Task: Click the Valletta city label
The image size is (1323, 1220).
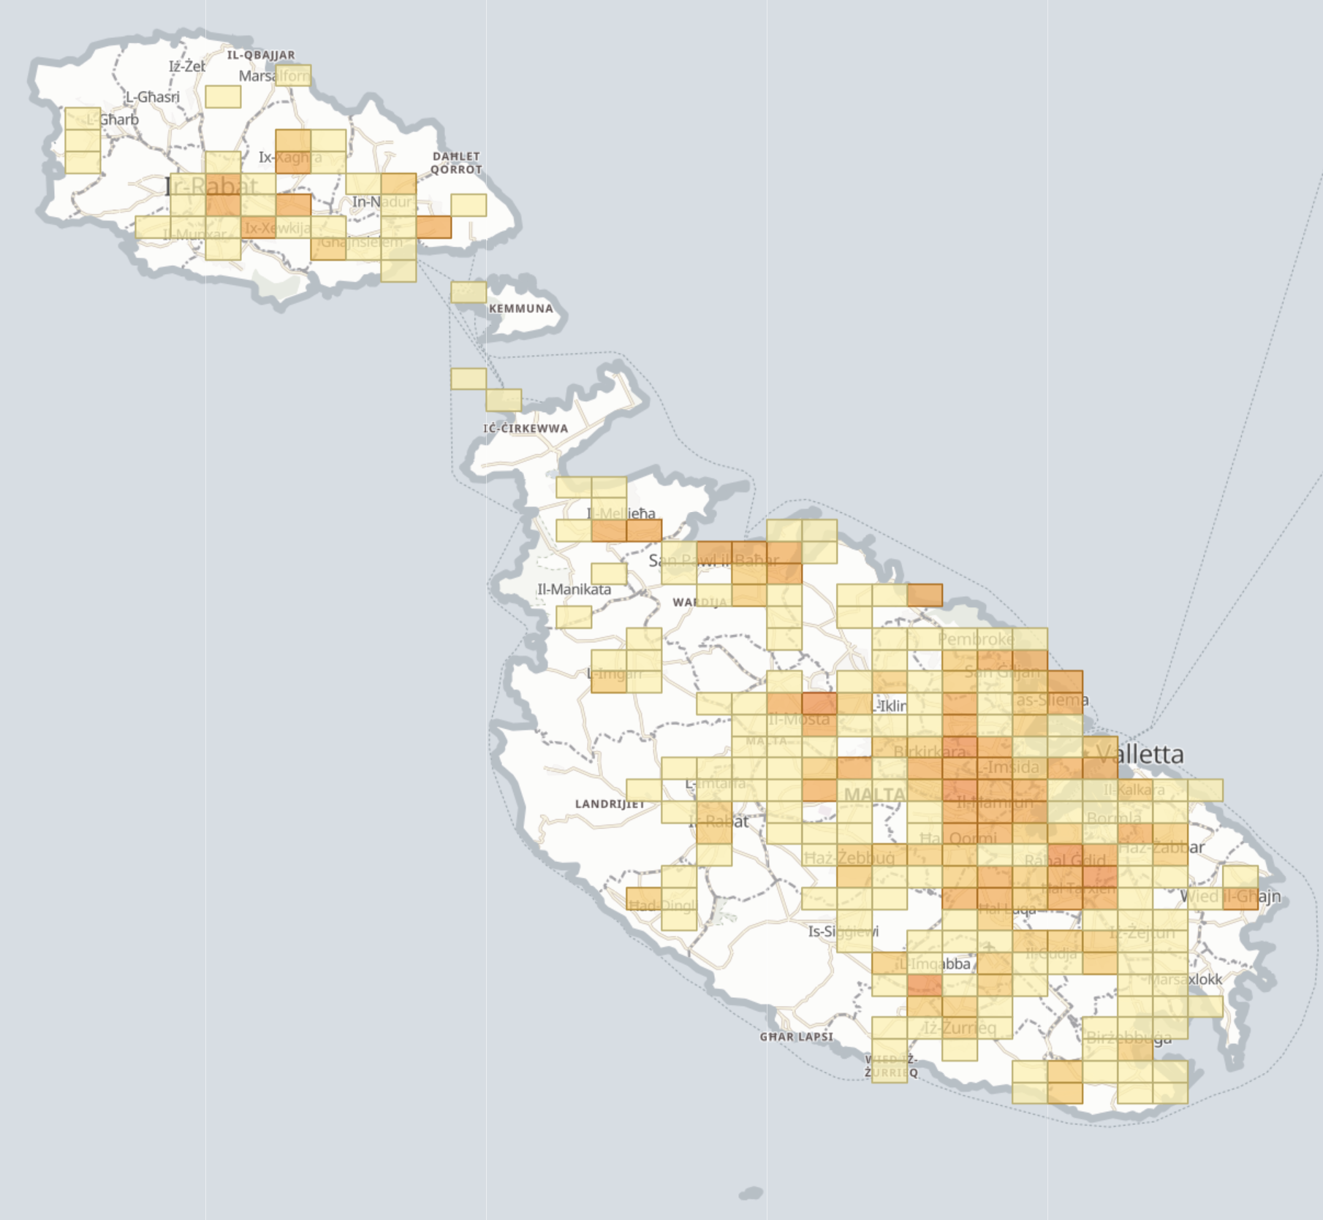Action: point(1140,754)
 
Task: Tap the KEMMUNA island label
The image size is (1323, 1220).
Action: point(520,308)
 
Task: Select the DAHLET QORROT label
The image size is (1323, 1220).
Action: point(456,163)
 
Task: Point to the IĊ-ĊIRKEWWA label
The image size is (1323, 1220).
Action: point(526,428)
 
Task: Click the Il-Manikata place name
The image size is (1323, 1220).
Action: point(574,590)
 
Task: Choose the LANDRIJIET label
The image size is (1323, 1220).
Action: point(610,804)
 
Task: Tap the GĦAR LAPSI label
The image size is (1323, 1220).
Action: point(796,1037)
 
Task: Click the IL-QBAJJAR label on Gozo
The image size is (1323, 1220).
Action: point(261,55)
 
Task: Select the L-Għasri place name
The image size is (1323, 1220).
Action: point(152,97)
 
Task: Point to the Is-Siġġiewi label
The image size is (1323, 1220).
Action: point(843,931)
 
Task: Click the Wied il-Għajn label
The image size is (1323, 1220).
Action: point(1230,896)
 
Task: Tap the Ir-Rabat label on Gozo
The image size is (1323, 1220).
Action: point(211,186)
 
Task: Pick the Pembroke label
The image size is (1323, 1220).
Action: point(976,639)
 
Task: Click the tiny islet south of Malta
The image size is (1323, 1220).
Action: point(751,1194)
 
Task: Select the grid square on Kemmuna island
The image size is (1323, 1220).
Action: point(469,292)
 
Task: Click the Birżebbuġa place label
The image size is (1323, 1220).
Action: point(1129,1037)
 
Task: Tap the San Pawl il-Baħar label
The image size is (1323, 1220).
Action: point(713,560)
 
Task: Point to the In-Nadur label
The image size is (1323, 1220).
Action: point(382,202)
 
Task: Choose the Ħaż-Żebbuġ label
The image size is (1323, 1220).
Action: point(849,857)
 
